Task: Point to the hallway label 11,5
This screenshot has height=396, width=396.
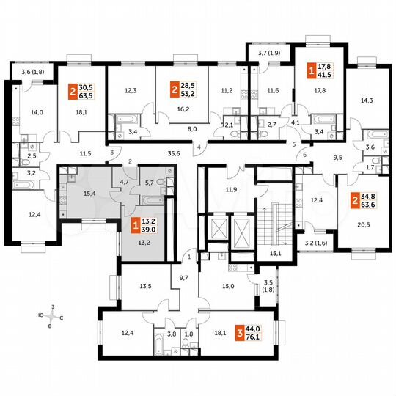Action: (x=86, y=153)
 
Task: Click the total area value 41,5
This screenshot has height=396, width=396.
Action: (x=326, y=76)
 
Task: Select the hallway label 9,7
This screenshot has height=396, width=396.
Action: (x=183, y=279)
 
